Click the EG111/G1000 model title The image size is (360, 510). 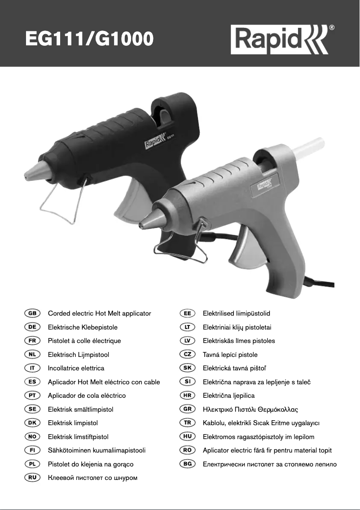coord(89,39)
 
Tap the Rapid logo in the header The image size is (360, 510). coord(280,40)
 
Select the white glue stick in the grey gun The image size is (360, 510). coord(307,147)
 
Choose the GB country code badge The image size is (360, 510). coord(32,313)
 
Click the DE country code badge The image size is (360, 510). coord(32,327)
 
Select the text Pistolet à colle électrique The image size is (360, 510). coord(84,341)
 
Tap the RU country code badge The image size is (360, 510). coord(32,478)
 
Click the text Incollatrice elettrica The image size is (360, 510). coord(76,368)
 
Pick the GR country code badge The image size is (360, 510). coord(187,409)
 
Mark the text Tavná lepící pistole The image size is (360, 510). coord(230,355)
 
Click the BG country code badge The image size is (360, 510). coord(187,464)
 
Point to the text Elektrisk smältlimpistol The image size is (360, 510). coord(81,409)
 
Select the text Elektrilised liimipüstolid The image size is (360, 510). coord(237,313)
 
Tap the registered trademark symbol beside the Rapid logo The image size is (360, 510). coord(331,28)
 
